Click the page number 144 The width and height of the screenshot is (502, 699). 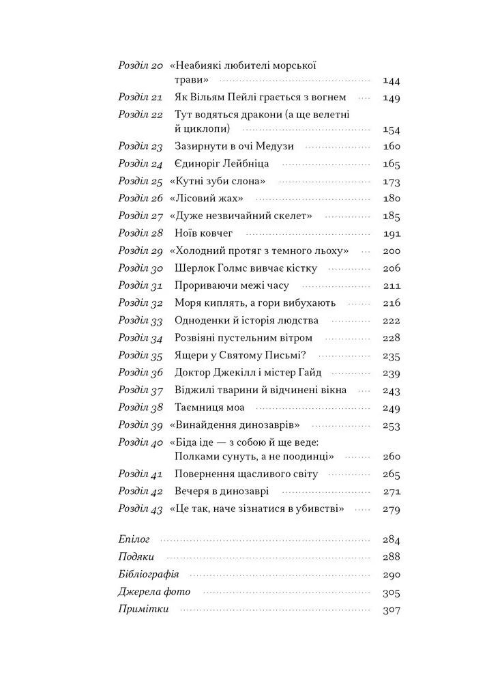pyautogui.click(x=392, y=81)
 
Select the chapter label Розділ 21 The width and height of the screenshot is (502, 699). pyautogui.click(x=141, y=98)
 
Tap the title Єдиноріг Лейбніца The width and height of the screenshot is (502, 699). pyautogui.click(x=222, y=164)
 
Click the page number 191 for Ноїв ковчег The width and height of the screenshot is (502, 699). pyautogui.click(x=392, y=233)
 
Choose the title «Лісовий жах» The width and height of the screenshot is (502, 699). pyautogui.click(x=207, y=199)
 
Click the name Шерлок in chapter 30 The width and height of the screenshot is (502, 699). pyautogui.click(x=195, y=268)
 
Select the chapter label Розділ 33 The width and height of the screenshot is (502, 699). pyautogui.click(x=141, y=321)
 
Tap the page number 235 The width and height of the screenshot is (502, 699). pyautogui.click(x=392, y=356)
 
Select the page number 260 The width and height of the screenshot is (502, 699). pyautogui.click(x=392, y=457)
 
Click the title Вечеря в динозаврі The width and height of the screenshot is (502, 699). pyautogui.click(x=221, y=491)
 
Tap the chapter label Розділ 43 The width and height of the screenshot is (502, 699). pyautogui.click(x=141, y=509)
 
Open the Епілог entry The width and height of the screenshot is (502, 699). pyautogui.click(x=134, y=539)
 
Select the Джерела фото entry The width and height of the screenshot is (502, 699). pyautogui.click(x=154, y=592)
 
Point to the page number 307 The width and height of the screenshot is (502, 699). pyautogui.click(x=392, y=610)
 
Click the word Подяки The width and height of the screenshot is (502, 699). pyautogui.click(x=136, y=557)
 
